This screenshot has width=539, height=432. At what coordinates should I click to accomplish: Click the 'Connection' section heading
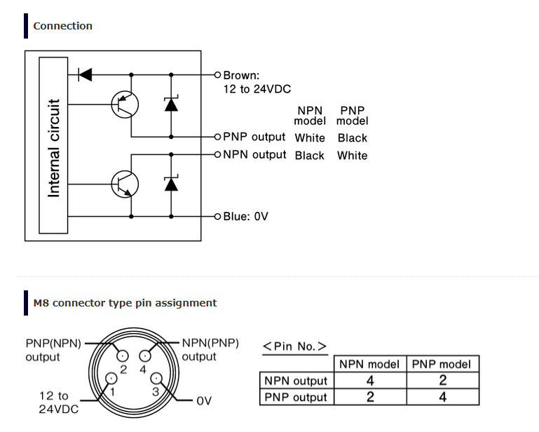[x=62, y=26]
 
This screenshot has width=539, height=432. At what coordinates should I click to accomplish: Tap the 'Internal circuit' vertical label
[x=54, y=148]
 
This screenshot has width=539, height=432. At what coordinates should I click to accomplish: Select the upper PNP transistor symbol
[x=125, y=104]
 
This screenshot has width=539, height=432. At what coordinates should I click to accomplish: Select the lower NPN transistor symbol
[x=125, y=184]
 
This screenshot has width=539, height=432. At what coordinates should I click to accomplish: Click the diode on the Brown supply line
[x=86, y=74]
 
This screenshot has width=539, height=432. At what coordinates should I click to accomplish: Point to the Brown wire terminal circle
[x=217, y=74]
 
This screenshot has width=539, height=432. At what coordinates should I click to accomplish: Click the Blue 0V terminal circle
[x=217, y=216]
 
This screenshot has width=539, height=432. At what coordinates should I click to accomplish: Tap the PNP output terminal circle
[x=217, y=137]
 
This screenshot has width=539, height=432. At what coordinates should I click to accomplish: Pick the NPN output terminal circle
[x=217, y=154]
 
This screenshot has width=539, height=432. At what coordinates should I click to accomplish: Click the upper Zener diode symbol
[x=171, y=104]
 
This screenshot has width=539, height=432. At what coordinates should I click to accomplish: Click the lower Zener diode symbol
[x=171, y=183]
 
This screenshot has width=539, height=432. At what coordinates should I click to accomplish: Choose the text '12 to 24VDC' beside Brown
[x=257, y=89]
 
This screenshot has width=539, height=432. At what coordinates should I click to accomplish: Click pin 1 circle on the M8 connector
[x=111, y=378]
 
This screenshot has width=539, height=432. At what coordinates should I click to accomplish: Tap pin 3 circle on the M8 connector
[x=156, y=378]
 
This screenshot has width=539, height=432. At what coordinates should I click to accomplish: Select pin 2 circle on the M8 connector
[x=123, y=356]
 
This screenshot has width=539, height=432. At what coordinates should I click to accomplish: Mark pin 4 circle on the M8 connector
[x=144, y=356]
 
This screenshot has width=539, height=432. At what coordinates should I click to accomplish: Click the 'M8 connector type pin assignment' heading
[x=125, y=303]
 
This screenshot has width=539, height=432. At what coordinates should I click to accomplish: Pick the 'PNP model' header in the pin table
[x=442, y=364]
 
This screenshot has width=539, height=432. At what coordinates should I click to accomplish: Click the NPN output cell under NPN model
[x=370, y=380]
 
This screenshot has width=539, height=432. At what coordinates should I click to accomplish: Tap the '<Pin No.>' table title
[x=294, y=346]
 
